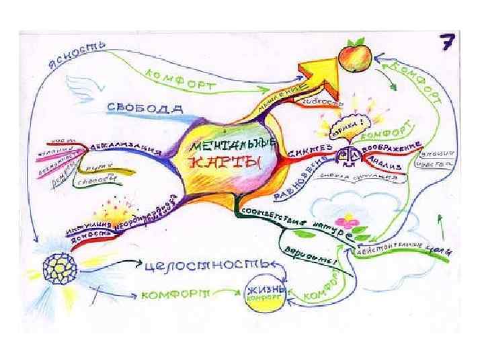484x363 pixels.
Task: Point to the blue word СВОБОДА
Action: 145,108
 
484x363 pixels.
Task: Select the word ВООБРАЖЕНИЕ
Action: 391,145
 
